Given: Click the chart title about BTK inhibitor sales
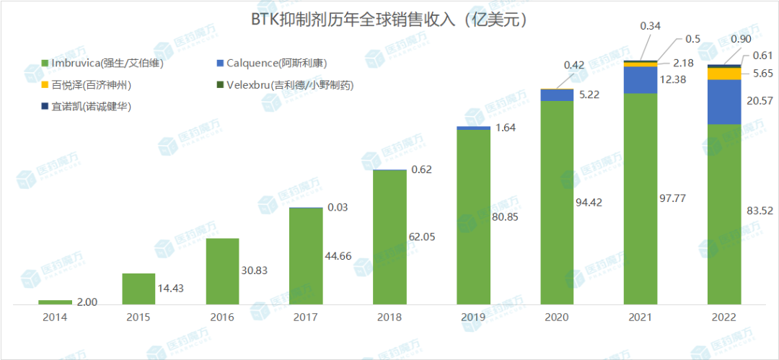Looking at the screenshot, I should tap(389, 19).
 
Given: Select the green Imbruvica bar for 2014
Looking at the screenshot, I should tap(55, 302).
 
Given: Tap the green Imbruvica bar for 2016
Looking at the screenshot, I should tap(222, 271).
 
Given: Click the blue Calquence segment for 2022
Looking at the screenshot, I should tap(723, 102).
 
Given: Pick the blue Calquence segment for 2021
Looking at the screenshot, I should tap(640, 80).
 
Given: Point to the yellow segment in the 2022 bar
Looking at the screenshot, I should tap(723, 73).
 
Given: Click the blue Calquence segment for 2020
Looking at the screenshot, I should tap(557, 95).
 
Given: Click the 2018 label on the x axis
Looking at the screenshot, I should tap(389, 317).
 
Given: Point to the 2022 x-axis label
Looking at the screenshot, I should tap(723, 317).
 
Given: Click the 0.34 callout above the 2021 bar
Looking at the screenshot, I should tap(650, 27).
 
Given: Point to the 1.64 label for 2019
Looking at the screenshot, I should tap(504, 128).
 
